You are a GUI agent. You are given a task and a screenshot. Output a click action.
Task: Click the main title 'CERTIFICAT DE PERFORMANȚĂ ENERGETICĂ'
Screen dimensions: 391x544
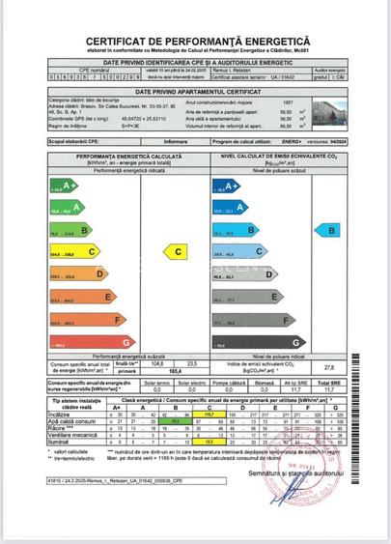click(x=195, y=42)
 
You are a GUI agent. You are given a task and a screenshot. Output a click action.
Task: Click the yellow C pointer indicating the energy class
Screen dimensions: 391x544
click(x=177, y=251)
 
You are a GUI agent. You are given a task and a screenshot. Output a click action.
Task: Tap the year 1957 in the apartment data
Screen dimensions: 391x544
click(x=287, y=101)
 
